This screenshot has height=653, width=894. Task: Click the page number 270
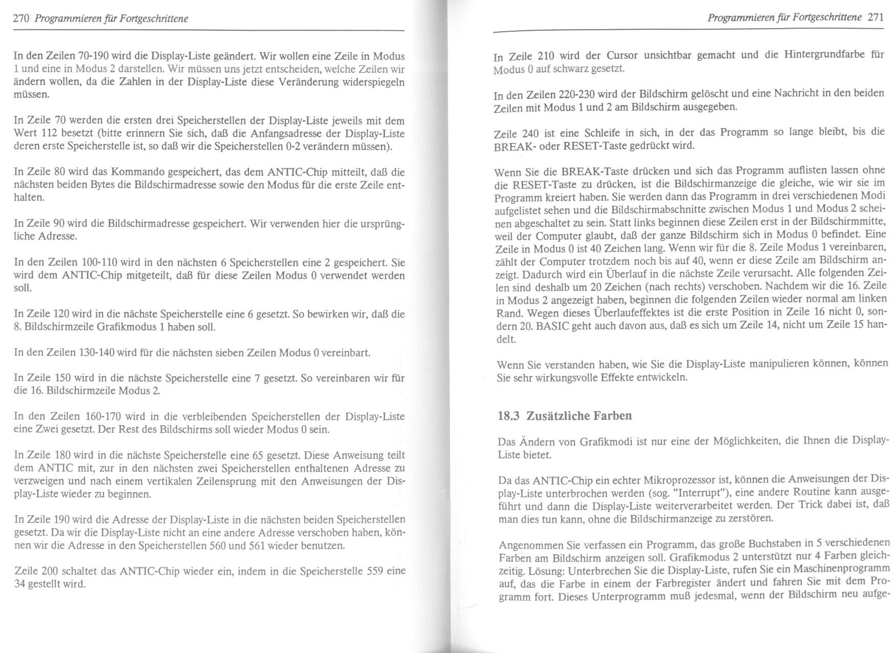coord(20,19)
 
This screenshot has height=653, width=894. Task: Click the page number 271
coord(876,17)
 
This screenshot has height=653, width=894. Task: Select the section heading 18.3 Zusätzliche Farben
coord(565,415)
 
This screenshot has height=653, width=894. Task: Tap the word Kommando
coord(135,172)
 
